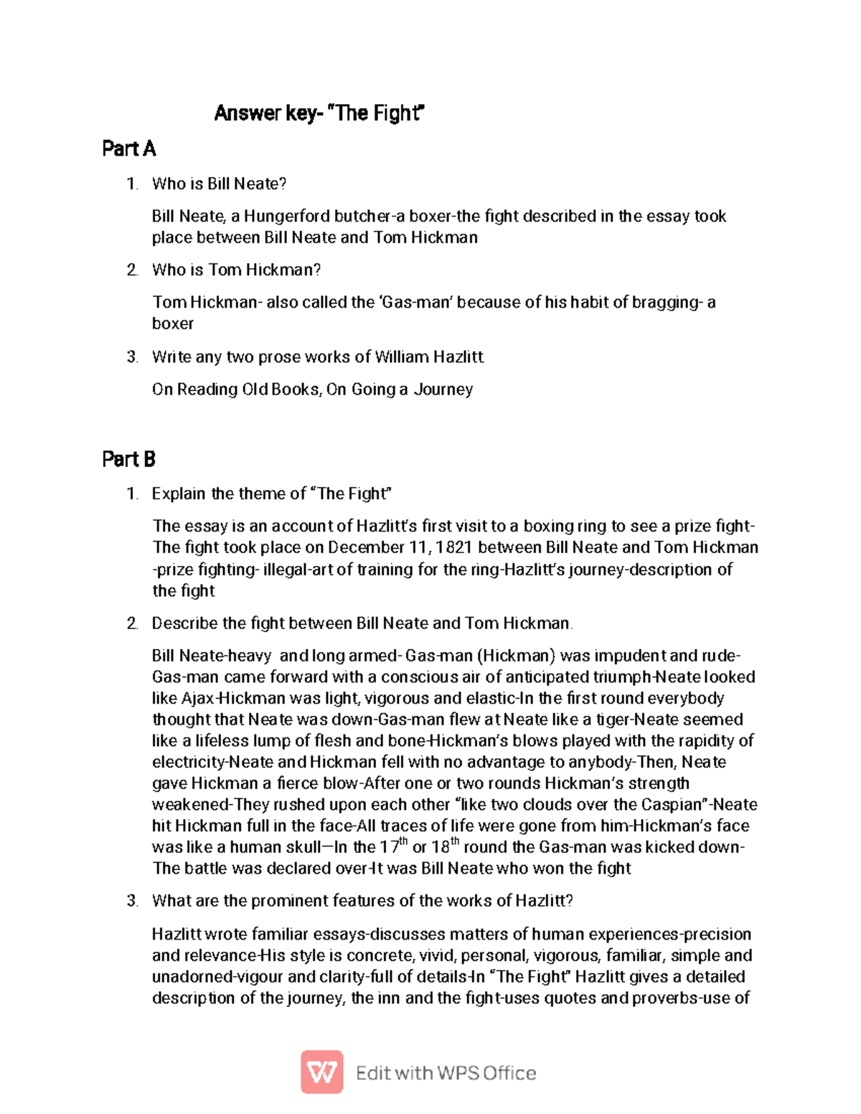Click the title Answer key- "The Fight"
319,113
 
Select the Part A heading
128,148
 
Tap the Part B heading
128,459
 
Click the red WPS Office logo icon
321,1072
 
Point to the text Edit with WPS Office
446,1073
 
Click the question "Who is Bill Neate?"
219,184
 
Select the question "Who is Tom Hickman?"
236,270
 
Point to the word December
367,548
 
